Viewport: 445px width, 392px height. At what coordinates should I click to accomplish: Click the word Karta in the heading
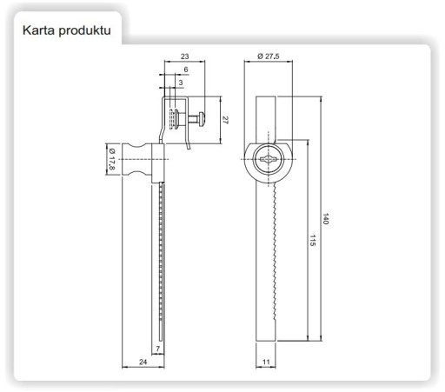38,30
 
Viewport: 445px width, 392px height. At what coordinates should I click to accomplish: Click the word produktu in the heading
84,31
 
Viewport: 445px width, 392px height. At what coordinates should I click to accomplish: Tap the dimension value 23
184,56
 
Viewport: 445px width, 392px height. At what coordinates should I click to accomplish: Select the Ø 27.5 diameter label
269,56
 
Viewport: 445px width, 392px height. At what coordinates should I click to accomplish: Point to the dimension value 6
186,70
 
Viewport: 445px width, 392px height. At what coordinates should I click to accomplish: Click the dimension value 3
181,83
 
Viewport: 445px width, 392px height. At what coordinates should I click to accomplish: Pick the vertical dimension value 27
225,120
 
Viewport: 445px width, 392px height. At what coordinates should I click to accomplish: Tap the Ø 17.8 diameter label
112,159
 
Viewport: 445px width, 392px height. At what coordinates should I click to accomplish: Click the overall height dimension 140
326,219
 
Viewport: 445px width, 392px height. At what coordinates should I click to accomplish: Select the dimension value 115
312,241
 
